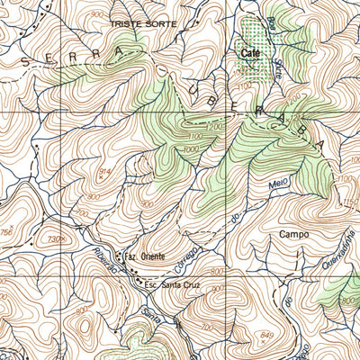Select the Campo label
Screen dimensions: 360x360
coord(294,234)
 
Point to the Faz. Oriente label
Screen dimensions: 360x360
coord(144,256)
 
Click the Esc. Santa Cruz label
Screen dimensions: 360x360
coord(170,285)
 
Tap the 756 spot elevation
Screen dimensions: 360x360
coord(8,234)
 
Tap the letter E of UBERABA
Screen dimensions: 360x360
coord(236,98)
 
